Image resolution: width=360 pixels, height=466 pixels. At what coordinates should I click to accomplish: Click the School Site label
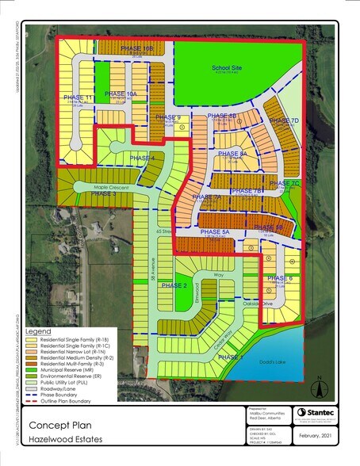226,68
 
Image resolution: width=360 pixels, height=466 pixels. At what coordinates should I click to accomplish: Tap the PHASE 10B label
136,49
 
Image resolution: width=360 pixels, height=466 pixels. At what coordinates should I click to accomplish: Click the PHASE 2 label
174,285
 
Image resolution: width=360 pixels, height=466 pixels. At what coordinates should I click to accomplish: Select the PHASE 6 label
280,279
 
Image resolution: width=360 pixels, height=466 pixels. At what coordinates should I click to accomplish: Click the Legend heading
38,330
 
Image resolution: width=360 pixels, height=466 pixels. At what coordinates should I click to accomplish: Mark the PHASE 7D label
282,120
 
